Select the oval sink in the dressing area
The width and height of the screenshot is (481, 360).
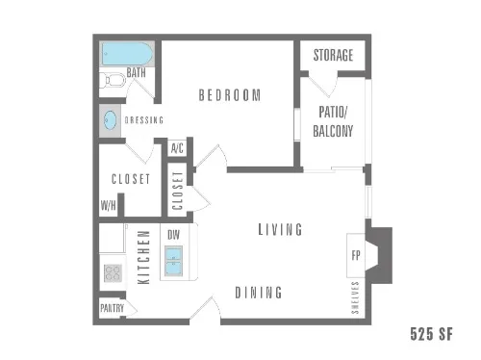pos(111,121)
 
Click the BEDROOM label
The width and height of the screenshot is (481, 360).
pos(230,94)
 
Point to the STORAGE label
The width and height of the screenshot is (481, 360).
pos(333,56)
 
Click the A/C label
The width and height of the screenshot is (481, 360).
pos(177,148)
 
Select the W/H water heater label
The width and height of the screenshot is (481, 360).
pos(108,205)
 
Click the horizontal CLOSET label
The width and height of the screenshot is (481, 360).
pos(131,179)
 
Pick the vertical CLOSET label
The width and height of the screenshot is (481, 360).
pos(178,189)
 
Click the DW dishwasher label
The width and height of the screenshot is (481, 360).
pos(173,234)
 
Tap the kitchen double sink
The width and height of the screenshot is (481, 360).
pos(175,261)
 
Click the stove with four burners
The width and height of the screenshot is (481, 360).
pos(113,272)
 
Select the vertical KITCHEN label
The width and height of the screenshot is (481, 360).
pos(142,257)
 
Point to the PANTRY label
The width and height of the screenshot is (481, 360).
pos(112,309)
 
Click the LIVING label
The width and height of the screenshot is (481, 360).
pos(280,230)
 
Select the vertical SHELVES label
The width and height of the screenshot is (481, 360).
pos(355,297)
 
